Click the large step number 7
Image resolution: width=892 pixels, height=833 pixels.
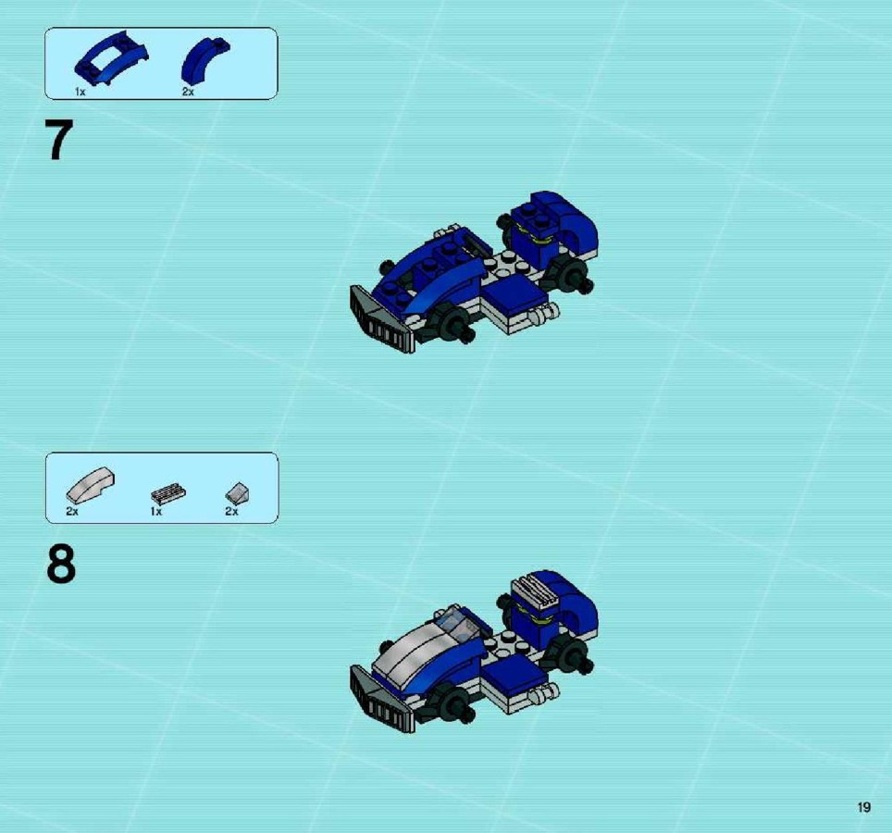click(x=58, y=140)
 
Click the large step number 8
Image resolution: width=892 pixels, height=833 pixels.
click(x=61, y=563)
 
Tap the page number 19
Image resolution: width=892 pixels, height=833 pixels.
click(x=863, y=807)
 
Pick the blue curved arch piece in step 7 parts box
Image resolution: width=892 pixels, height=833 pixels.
click(x=204, y=61)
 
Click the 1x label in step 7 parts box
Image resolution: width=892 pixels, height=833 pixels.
click(x=81, y=93)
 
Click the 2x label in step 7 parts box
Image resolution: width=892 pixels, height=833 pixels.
click(x=188, y=93)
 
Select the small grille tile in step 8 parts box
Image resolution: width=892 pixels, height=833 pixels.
click(x=167, y=494)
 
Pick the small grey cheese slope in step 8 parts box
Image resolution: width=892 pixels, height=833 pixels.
click(x=237, y=494)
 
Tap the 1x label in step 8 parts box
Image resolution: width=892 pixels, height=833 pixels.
click(x=156, y=512)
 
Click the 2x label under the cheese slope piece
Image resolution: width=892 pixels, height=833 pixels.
click(x=231, y=512)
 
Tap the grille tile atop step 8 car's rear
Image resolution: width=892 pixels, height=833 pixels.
click(x=534, y=590)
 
